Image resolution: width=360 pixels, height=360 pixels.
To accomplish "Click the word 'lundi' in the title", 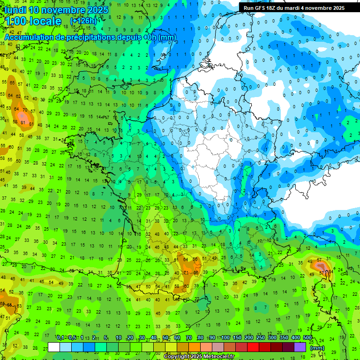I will tap(15, 10).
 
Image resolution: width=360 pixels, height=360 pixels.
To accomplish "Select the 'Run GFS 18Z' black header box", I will tap(294, 8).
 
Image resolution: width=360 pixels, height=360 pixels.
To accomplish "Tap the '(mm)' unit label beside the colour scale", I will tap(317, 348).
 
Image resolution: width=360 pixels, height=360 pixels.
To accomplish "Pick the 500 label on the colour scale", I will tap(307, 338).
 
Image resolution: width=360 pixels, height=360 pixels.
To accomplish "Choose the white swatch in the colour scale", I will tap(54, 347).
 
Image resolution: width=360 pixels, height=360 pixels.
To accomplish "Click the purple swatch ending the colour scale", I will tap(300, 347).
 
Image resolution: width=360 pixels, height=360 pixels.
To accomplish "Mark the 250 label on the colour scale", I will tap(260, 338).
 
